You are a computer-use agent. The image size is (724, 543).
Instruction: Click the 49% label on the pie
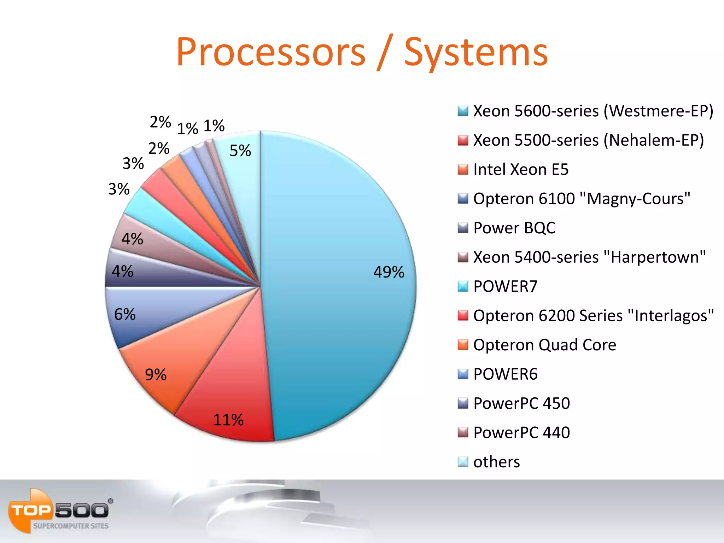pos(389,272)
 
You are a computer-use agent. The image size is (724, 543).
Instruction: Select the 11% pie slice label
pos(228,420)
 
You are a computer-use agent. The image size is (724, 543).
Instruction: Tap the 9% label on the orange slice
pos(156,375)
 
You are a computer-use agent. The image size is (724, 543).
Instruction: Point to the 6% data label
pos(125,314)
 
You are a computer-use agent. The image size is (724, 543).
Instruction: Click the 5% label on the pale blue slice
pos(240,151)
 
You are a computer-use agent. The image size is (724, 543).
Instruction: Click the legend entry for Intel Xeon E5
pos(520,169)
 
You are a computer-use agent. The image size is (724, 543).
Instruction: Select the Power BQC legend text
pos(514,228)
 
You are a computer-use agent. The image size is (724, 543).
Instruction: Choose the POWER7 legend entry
pos(505,286)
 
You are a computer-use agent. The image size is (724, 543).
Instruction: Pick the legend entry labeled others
pos(496,462)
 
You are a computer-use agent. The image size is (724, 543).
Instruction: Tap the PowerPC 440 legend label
pos(521,432)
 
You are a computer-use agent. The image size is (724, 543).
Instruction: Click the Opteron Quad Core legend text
pos(544,345)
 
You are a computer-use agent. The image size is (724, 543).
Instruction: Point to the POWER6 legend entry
pos(505,374)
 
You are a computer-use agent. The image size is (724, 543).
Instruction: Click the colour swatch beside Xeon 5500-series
pos(463,140)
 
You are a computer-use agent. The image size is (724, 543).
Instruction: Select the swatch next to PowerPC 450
pos(463,403)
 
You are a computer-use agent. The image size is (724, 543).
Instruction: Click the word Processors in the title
pos(271,52)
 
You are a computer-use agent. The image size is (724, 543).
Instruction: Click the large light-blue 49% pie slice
pos(336,318)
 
